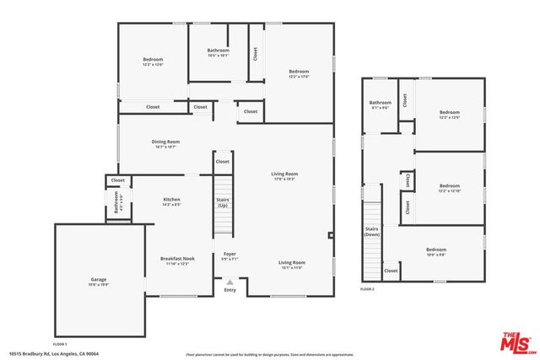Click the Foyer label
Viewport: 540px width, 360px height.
[229, 255]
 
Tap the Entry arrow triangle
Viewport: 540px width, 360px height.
[229, 282]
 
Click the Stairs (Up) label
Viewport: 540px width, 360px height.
[224, 203]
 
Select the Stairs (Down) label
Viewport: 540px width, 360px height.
[372, 231]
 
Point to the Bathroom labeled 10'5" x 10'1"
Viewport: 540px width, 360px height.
[218, 52]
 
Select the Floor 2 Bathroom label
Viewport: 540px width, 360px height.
[380, 105]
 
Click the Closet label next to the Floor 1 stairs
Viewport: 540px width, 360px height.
[223, 161]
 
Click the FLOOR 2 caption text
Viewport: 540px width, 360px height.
[367, 289]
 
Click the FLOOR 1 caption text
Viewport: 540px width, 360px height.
[60, 344]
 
